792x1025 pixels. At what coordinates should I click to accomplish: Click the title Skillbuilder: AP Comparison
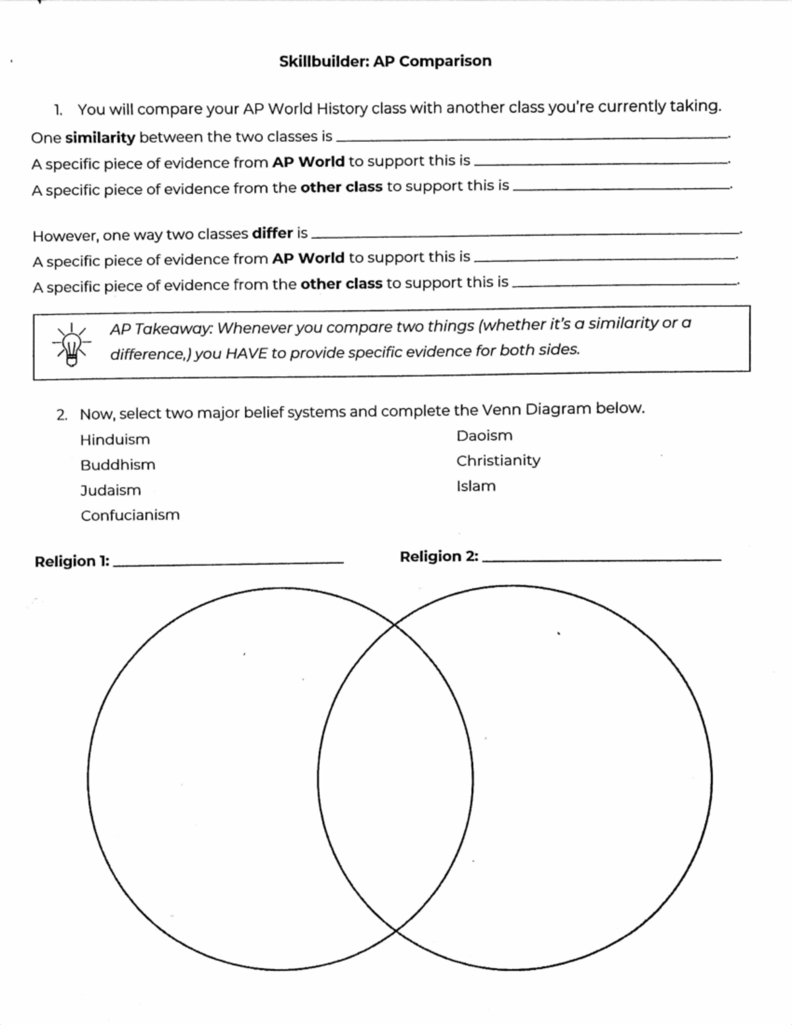(x=385, y=61)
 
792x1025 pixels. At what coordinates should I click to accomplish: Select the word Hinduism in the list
(x=115, y=440)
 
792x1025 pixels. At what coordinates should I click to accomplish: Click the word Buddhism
(x=117, y=465)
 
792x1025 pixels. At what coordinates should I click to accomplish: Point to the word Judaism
(x=110, y=490)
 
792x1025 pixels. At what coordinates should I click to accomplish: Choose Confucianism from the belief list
(x=130, y=515)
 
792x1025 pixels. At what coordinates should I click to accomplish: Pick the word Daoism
(x=484, y=436)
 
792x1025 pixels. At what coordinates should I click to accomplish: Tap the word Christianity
(x=498, y=461)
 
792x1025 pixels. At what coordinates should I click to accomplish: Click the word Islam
(x=475, y=486)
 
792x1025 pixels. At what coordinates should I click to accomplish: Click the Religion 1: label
(x=72, y=562)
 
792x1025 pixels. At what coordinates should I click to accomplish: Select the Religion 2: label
(x=439, y=556)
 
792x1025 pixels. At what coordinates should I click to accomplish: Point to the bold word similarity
(x=100, y=138)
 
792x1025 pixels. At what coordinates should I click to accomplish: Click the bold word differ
(x=272, y=234)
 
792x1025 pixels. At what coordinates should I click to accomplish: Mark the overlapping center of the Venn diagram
(x=395, y=779)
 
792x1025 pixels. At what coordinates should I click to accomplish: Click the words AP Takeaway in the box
(x=161, y=329)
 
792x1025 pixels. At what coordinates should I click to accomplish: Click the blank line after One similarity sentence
(x=531, y=138)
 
